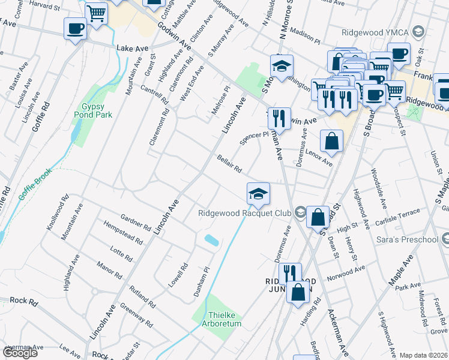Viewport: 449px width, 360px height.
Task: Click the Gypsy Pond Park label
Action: point(89,111)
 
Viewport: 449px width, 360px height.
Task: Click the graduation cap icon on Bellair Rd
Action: point(258,193)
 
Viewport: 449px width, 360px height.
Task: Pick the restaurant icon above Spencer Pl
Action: point(279,118)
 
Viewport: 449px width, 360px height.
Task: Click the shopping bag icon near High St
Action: point(318,217)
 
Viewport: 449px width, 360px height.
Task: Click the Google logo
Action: point(20,353)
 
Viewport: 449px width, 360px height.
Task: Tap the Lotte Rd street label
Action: point(122,253)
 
